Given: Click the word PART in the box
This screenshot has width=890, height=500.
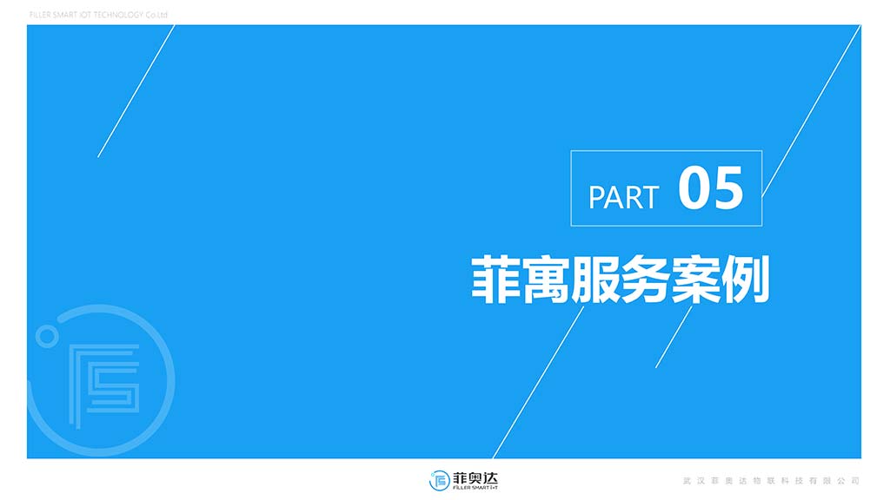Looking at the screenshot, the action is [x=623, y=197].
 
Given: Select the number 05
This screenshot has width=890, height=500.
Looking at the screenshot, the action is [x=710, y=188].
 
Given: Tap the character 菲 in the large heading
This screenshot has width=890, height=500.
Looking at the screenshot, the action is [x=495, y=279].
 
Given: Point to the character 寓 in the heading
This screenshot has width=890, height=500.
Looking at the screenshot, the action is [x=545, y=279].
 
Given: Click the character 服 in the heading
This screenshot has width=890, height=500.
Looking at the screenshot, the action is [x=594, y=279].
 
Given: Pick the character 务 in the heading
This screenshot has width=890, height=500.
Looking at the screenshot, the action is [x=645, y=279].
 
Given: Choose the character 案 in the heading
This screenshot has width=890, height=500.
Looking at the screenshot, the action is [x=694, y=279].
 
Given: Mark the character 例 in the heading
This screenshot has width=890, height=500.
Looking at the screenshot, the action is [x=745, y=279].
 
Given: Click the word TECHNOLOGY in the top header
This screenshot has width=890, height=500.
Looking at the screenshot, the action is [x=118, y=15].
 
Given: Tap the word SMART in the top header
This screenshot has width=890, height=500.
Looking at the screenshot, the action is [x=66, y=15].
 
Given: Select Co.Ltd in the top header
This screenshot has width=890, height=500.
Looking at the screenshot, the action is [x=156, y=15].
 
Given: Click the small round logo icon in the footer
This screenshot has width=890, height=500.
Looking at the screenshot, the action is [x=439, y=481].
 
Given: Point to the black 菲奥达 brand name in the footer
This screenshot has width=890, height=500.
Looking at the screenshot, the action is [x=475, y=478].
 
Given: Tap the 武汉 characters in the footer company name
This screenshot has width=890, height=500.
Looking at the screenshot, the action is [x=694, y=481].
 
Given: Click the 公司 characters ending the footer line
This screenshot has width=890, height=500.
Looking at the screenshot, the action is [x=848, y=481].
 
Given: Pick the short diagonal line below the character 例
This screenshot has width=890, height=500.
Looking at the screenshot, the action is [x=674, y=337].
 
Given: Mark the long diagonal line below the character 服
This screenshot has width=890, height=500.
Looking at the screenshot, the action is [x=538, y=383].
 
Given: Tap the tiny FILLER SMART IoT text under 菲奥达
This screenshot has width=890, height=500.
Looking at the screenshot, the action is [x=475, y=488].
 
